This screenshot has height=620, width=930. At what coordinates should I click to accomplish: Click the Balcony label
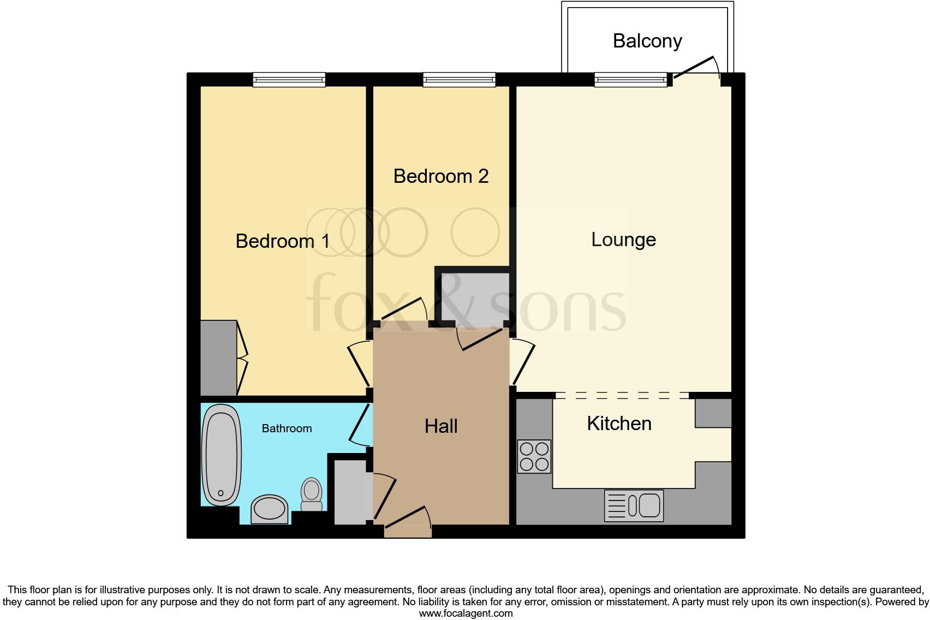click(647, 41)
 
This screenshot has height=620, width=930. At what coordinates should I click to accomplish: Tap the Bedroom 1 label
click(282, 241)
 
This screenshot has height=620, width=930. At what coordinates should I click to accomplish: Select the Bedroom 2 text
click(440, 176)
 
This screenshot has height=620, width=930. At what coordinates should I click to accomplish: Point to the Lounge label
click(623, 240)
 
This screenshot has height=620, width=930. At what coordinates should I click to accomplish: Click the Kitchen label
click(619, 424)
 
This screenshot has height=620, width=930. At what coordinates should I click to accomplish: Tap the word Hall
click(441, 426)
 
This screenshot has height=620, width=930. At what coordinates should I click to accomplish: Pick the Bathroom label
click(287, 428)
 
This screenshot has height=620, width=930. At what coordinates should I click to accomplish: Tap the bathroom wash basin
click(269, 509)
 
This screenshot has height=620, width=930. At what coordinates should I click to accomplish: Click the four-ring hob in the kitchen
click(534, 456)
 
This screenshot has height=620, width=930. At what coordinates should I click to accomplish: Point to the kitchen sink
click(634, 505)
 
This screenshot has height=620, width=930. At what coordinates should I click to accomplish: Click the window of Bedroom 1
click(289, 80)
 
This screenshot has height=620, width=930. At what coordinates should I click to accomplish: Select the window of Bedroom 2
click(459, 80)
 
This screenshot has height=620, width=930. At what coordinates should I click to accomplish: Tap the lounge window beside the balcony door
click(630, 80)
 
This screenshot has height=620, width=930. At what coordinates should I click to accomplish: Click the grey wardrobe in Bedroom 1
click(218, 357)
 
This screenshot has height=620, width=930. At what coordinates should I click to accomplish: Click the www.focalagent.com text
click(466, 613)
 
